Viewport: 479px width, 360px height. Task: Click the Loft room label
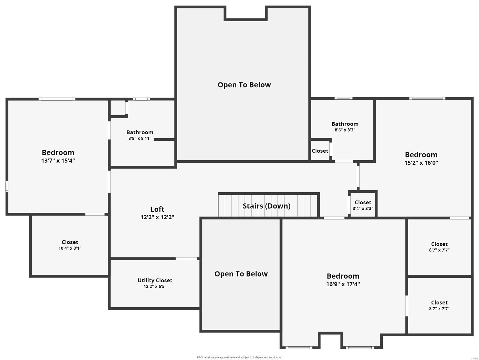(157, 209)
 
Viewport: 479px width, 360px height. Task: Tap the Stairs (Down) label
(266, 206)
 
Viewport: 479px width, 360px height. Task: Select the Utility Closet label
(155, 280)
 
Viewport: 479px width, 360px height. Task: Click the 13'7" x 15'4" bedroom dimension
(58, 160)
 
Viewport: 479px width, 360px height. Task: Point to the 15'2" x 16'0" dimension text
(421, 163)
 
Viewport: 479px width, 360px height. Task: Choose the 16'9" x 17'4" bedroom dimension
(343, 284)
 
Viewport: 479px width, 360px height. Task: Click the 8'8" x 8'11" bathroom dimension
(140, 139)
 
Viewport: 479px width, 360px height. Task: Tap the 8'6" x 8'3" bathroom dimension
(345, 130)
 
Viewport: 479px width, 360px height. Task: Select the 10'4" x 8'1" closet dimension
(70, 248)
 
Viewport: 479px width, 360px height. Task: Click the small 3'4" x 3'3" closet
(363, 205)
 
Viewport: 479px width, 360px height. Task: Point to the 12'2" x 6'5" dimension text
(155, 286)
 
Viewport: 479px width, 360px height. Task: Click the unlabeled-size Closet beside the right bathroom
(320, 151)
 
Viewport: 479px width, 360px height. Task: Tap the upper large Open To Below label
(244, 85)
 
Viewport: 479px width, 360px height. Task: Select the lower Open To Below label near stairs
(241, 274)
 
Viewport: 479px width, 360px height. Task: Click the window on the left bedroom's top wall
(57, 99)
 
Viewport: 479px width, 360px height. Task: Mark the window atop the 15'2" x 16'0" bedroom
(427, 98)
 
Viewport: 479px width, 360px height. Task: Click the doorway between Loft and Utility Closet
(186, 259)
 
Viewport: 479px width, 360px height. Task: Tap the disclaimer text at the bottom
(239, 357)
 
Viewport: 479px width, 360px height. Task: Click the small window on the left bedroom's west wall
(7, 186)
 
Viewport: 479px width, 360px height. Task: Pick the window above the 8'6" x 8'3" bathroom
(343, 98)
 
